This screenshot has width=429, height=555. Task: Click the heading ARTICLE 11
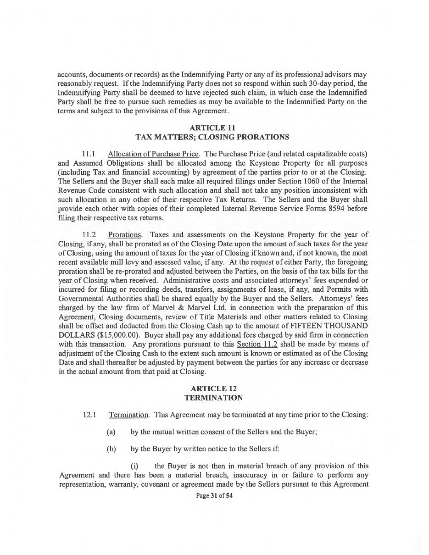tap(213, 128)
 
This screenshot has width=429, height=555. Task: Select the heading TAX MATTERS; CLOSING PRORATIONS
tap(212, 137)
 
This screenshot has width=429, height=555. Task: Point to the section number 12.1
tap(89, 415)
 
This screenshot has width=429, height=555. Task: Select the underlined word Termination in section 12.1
tap(129, 415)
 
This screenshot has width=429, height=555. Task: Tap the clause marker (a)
tap(111, 432)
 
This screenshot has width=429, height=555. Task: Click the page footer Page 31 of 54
tap(214, 495)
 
